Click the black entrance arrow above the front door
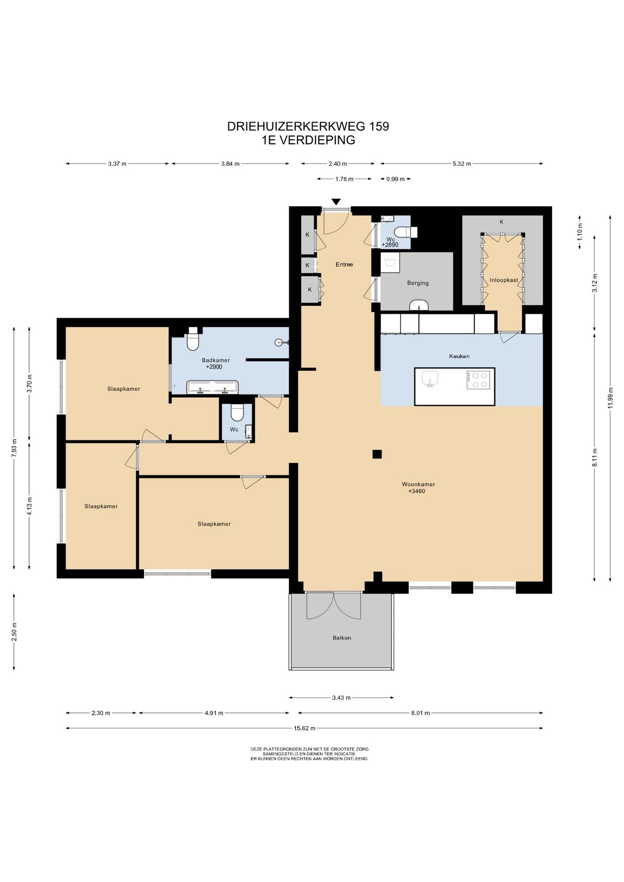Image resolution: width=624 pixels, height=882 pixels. pos(336,202)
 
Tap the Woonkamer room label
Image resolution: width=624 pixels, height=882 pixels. pos(418,484)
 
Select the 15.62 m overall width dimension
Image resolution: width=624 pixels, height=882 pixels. pos(304,728)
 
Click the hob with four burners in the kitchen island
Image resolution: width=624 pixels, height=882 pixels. pos(478,380)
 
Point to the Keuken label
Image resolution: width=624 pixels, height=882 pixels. pos(459,356)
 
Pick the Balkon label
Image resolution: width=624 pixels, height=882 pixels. pos(342,638)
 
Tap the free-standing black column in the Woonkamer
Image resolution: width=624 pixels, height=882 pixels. pos(377,454)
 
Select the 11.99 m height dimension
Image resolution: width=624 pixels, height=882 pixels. pos(610,398)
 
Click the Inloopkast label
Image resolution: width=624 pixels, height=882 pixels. pos(504,280)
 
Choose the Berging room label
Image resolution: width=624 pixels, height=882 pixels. pos(418,283)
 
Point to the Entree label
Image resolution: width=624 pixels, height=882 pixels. pos(344,264)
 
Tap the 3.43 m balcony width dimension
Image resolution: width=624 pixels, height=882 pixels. pos(341,697)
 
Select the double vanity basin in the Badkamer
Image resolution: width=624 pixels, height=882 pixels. pos(212,387)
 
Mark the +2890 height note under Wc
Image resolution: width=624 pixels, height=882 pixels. pos(390,245)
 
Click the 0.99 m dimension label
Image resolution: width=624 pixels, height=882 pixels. pos(395,179)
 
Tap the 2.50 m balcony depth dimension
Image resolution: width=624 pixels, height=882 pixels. pos(14,632)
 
